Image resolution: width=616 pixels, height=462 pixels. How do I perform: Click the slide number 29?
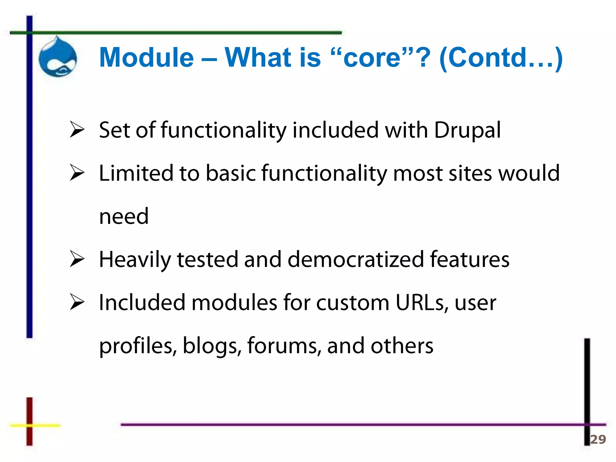coord(598,439)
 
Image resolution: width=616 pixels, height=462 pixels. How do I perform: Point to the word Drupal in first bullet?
coord(467,131)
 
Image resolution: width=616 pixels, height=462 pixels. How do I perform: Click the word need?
coord(124,217)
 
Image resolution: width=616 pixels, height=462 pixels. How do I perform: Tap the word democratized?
coord(356,260)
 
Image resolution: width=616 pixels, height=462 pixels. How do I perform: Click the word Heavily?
coord(134,260)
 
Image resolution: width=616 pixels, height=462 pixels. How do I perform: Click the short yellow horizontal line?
coord(35,425)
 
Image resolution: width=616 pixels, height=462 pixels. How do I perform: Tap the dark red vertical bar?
coord(29,421)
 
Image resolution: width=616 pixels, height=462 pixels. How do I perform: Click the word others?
coord(402,346)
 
